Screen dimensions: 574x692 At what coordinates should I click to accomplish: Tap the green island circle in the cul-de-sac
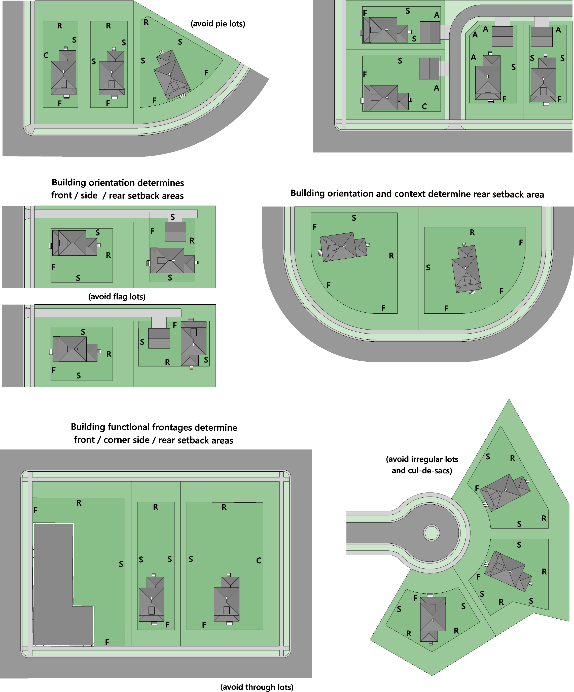pyautogui.click(x=432, y=533)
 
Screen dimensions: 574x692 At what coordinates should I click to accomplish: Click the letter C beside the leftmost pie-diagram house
pyautogui.click(x=46, y=55)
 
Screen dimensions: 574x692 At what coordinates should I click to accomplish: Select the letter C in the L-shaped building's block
pyautogui.click(x=259, y=560)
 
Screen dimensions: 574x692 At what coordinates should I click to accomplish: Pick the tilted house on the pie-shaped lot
pyautogui.click(x=172, y=75)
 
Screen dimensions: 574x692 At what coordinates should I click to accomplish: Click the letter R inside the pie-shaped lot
pyautogui.click(x=146, y=22)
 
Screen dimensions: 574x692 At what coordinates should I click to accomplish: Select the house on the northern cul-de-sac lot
pyautogui.click(x=505, y=492)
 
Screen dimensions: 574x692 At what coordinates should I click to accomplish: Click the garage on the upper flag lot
pyautogui.click(x=175, y=232)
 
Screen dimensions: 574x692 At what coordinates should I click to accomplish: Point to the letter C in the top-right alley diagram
pyautogui.click(x=424, y=106)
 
